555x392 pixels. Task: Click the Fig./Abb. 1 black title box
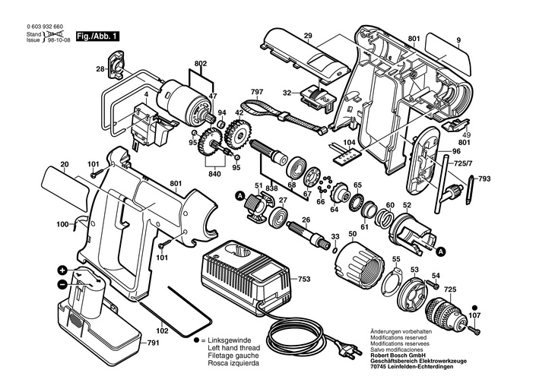pyautogui.click(x=97, y=36)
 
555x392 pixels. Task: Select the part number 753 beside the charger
pyautogui.click(x=303, y=279)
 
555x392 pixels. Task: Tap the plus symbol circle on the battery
pyautogui.click(x=62, y=270)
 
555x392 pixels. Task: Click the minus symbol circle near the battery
pyautogui.click(x=62, y=283)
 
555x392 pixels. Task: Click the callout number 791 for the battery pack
pyautogui.click(x=153, y=343)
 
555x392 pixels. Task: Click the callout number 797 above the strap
pyautogui.click(x=257, y=93)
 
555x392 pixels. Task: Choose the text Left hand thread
pyautogui.click(x=233, y=348)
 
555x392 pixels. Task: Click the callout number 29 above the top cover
pyautogui.click(x=308, y=36)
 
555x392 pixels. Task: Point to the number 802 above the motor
pyautogui.click(x=201, y=64)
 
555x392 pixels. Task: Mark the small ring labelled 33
pyautogui.click(x=334, y=251)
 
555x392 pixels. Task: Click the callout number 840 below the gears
pyautogui.click(x=214, y=174)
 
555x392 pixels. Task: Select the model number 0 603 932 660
pyautogui.click(x=45, y=27)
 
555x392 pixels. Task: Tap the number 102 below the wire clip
pyautogui.click(x=163, y=331)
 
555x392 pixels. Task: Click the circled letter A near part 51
pyautogui.click(x=240, y=195)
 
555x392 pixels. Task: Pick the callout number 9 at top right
pyautogui.click(x=458, y=40)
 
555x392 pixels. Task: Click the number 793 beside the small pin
pyautogui.click(x=484, y=179)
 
